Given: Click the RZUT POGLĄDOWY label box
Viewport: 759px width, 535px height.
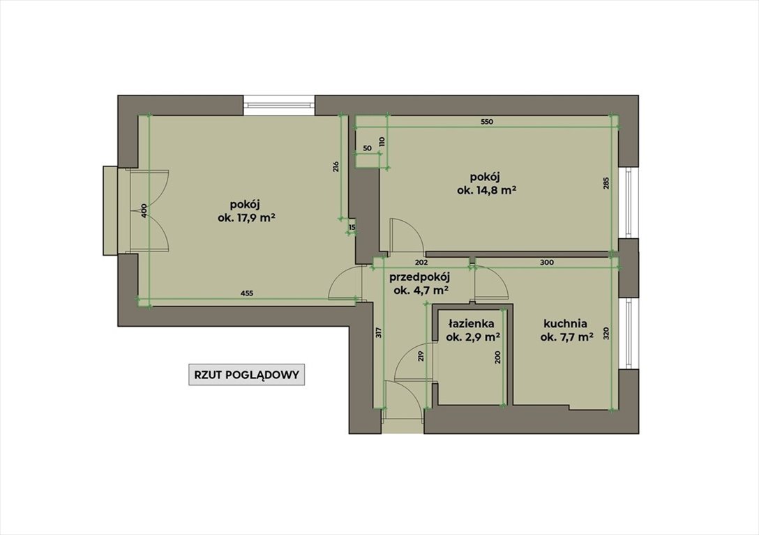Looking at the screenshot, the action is point(246,375).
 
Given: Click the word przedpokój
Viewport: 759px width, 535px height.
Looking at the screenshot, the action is point(420,277).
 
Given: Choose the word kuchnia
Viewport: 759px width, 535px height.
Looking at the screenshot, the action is point(565,324).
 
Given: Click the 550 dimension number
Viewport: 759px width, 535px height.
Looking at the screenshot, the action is point(486,122).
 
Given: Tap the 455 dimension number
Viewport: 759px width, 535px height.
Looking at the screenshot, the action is point(246,293).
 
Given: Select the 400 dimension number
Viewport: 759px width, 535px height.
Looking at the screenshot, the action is point(144,211).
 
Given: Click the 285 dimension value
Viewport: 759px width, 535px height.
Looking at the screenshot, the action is point(606,183).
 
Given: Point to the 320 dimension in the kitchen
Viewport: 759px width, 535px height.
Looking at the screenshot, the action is point(606,333).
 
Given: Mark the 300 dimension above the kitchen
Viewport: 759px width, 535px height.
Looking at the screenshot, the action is point(546,263).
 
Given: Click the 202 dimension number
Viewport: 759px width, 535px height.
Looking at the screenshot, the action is point(422,263).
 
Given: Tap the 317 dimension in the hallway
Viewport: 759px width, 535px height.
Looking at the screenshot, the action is point(378,332).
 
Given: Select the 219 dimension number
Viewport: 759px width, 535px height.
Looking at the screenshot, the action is point(421,357).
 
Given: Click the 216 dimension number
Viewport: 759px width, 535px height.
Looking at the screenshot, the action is point(336,166).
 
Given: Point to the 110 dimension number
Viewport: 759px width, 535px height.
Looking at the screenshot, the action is point(382,141).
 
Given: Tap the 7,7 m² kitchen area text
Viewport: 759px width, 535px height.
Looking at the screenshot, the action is point(567,337).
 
